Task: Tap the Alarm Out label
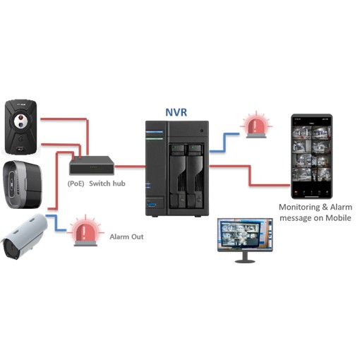tap(126, 237)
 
